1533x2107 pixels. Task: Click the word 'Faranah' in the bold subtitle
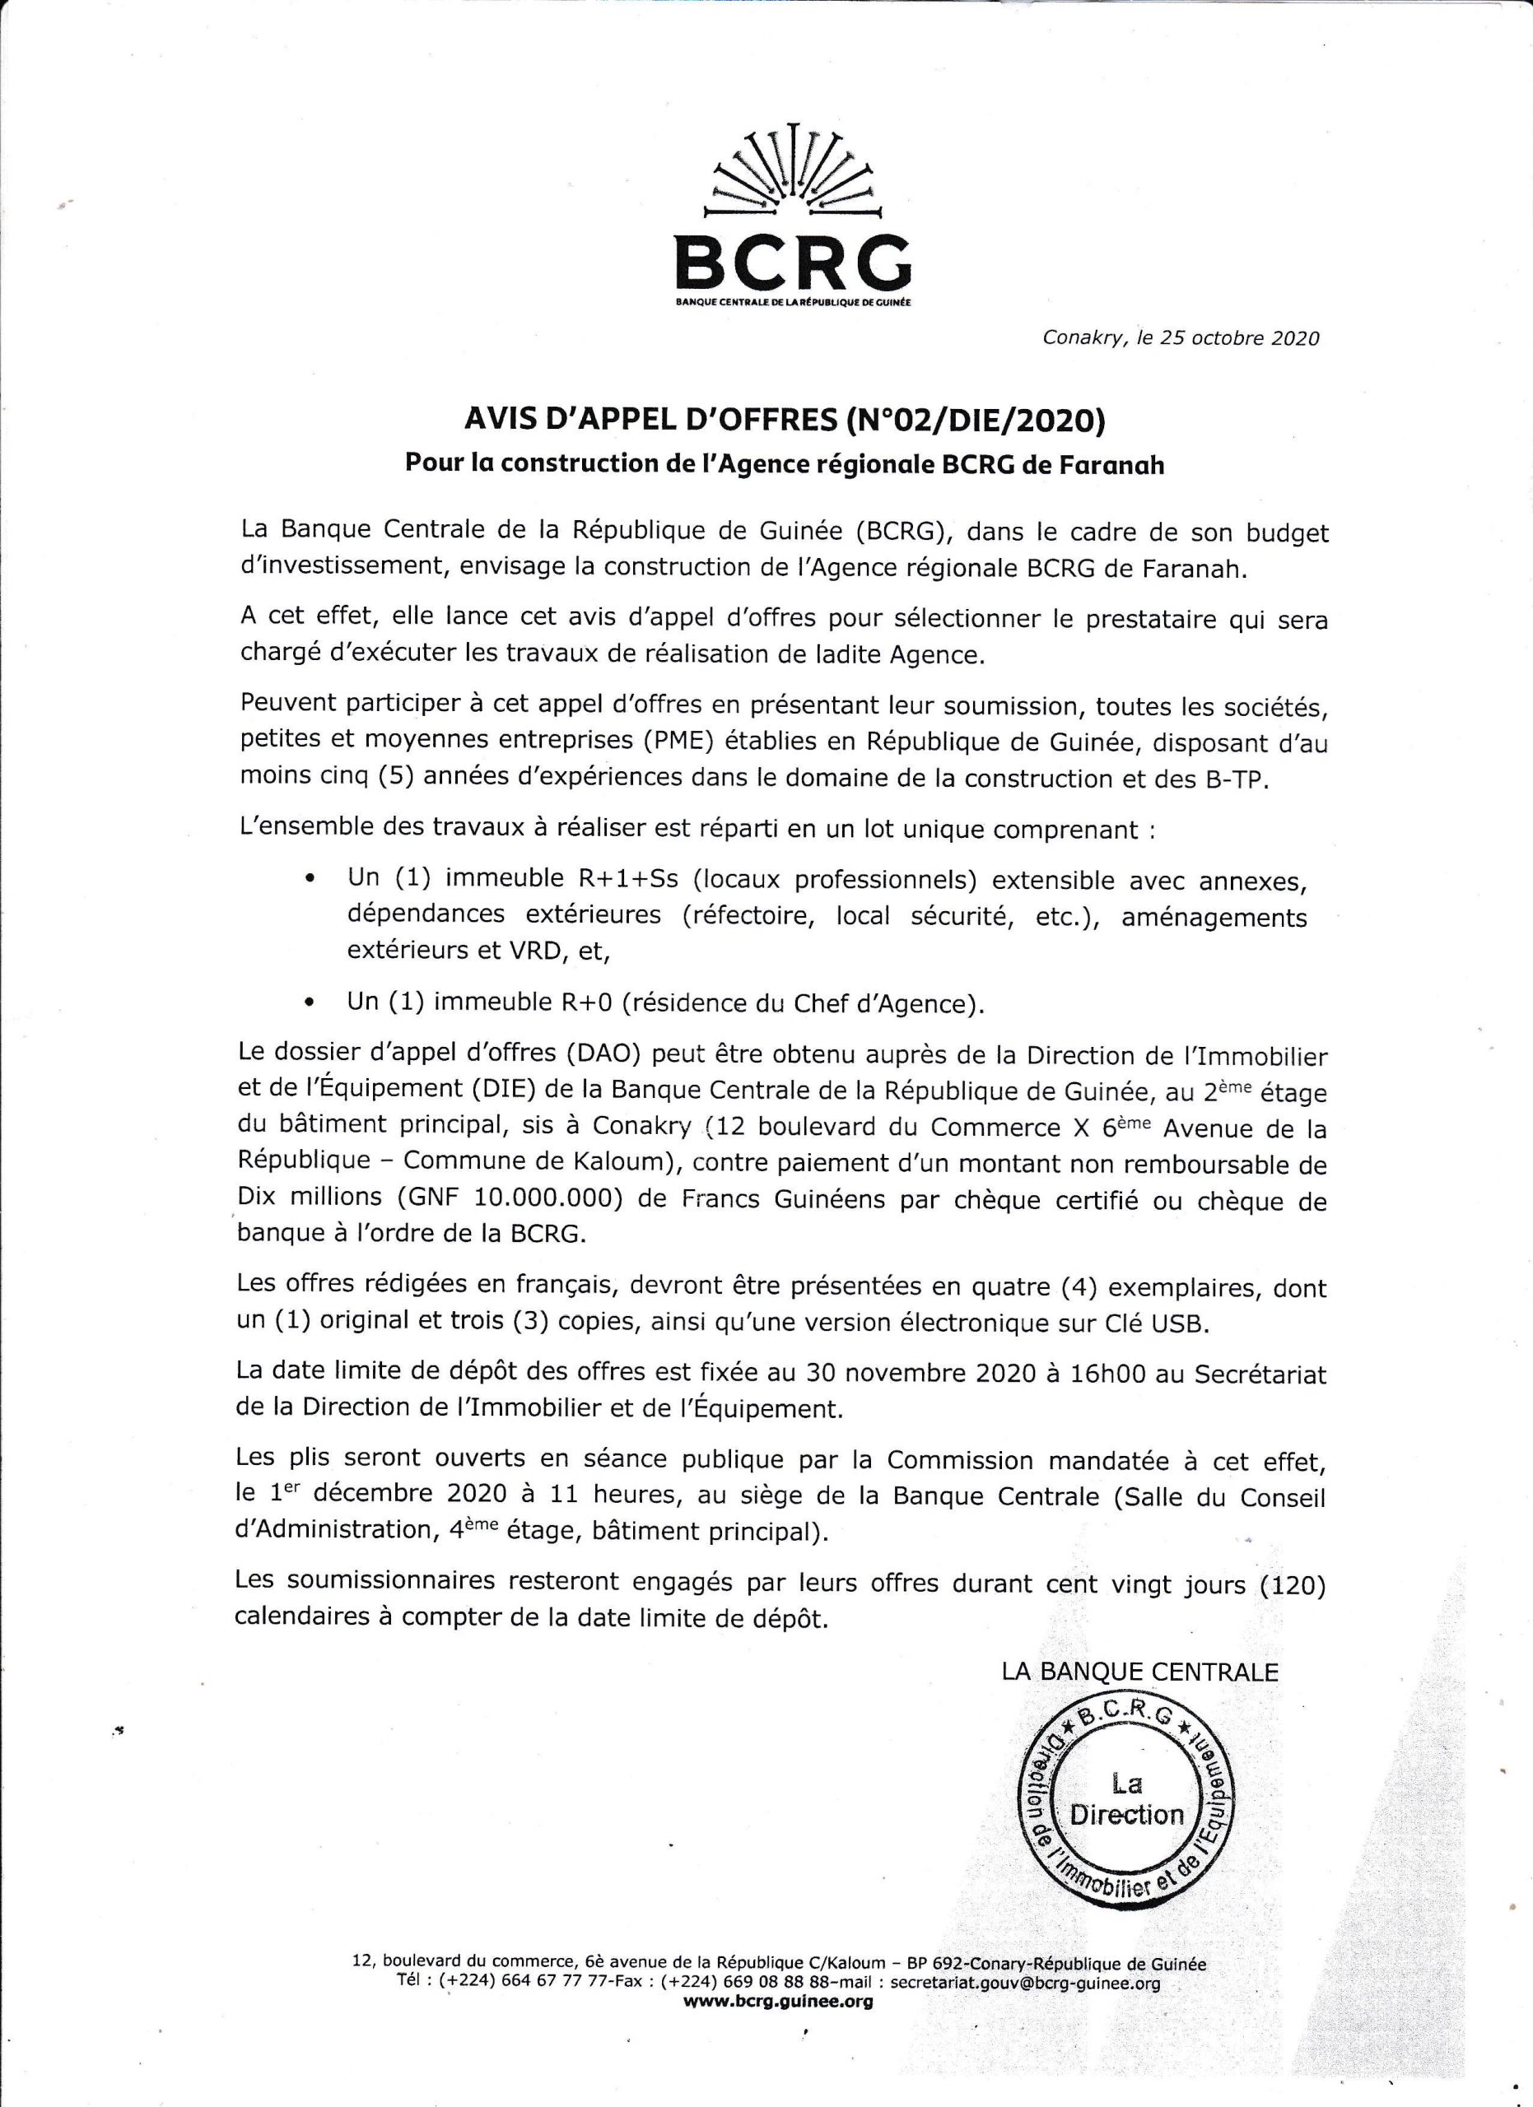click(1111, 464)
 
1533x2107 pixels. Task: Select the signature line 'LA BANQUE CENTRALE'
click(1140, 1672)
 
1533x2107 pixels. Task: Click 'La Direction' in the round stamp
click(1127, 1798)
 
